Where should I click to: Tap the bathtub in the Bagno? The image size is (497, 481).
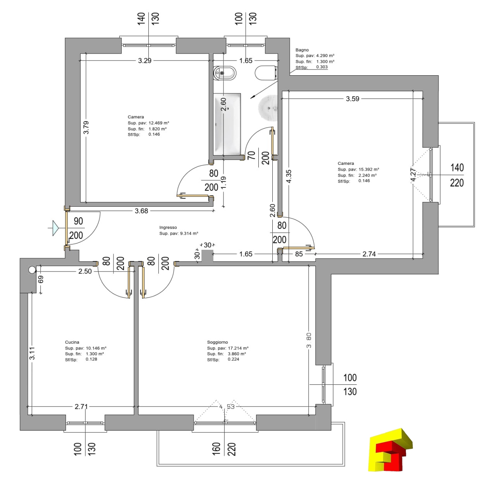(227, 124)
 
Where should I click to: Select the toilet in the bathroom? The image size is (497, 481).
(266, 73)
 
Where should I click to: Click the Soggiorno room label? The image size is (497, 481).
(217, 342)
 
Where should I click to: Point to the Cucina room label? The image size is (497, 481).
(72, 342)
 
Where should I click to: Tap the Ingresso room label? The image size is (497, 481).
(168, 227)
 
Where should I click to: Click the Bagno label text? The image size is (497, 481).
(302, 50)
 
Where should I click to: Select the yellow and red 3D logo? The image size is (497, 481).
(390, 450)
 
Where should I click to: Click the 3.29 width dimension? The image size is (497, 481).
(144, 61)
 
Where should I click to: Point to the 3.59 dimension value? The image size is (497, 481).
(352, 99)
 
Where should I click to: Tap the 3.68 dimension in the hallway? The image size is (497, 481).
(141, 211)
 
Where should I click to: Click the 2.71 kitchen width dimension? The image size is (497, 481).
(81, 407)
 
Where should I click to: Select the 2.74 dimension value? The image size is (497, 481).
(369, 254)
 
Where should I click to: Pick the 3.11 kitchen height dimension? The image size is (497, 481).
(32, 353)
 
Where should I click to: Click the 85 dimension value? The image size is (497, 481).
(299, 254)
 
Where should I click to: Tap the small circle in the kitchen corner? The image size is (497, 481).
(32, 270)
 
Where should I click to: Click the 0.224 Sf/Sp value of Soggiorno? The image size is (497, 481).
(233, 359)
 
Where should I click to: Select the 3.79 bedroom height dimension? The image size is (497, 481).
(86, 127)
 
